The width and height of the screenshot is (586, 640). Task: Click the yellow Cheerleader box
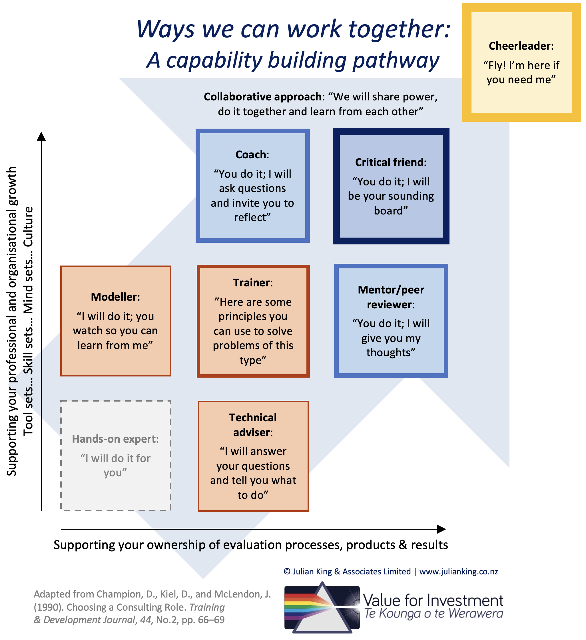[521, 62]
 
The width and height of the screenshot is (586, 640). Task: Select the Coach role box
[253, 186]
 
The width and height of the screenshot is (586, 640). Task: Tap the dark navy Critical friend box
[391, 186]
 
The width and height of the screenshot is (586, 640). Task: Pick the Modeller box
[116, 321]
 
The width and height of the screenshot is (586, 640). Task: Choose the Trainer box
[253, 321]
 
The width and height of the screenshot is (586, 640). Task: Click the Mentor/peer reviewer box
[391, 321]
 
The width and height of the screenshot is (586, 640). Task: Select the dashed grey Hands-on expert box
[116, 455]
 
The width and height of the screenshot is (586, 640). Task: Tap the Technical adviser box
[253, 456]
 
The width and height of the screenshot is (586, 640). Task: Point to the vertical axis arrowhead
[41, 136]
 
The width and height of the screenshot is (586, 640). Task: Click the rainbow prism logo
[322, 607]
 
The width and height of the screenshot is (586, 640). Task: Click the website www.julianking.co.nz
[459, 572]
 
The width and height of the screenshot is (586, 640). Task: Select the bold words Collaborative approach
[262, 97]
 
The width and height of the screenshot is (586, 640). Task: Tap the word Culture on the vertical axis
[28, 227]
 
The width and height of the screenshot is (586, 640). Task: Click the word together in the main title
[400, 29]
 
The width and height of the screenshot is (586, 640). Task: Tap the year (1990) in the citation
[49, 607]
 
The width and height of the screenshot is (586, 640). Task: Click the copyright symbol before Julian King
[287, 572]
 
